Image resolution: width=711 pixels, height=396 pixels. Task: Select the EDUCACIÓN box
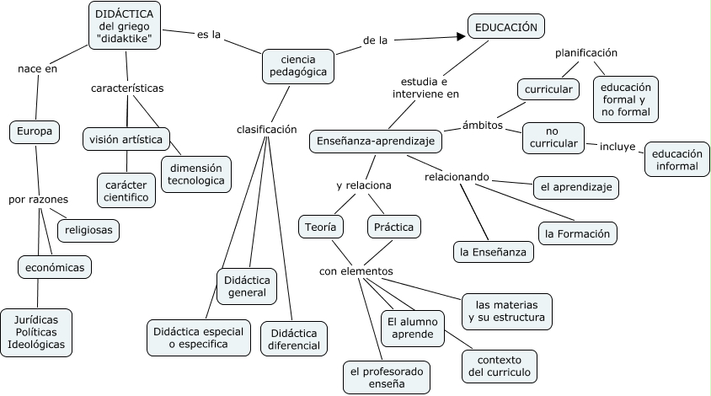coord(505,27)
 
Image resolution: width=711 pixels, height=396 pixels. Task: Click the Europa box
coord(35,131)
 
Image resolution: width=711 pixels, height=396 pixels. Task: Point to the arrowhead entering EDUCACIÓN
coord(460,36)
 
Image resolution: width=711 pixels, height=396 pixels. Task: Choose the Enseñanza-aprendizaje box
coord(376,142)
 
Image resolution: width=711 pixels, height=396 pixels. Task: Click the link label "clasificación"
coord(267,130)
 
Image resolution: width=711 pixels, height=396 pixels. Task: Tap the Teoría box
coord(320,226)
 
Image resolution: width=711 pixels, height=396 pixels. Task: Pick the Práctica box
coord(394,226)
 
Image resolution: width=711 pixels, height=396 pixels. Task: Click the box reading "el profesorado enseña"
coord(387,377)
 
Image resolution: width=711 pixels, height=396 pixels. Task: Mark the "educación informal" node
coord(677,159)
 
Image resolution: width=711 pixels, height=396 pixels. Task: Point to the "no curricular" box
coord(553,137)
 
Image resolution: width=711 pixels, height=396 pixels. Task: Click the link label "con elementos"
coord(355,271)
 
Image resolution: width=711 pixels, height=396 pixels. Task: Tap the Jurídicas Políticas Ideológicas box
coord(36,333)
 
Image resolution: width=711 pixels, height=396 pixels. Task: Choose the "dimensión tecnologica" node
coord(195,174)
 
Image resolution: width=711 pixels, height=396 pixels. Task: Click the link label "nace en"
coord(37,69)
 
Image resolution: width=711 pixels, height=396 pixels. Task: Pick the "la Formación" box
coord(578,233)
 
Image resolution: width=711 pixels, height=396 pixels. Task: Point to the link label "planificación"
coord(586,53)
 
